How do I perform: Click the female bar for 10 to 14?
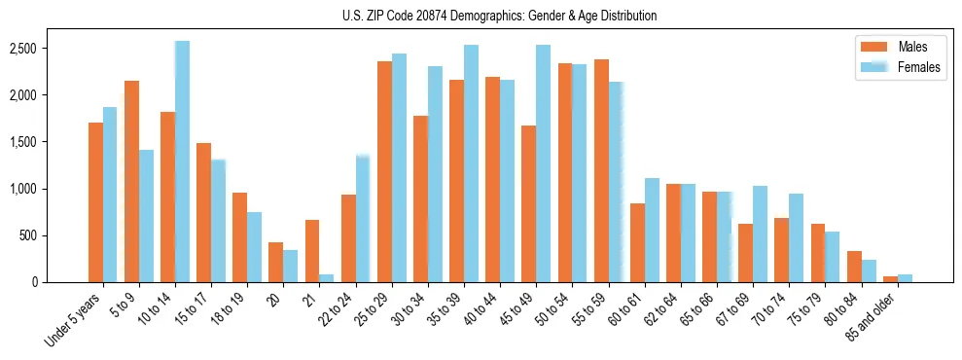(182, 162)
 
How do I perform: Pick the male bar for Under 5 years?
(95, 202)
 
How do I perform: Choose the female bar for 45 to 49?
(543, 163)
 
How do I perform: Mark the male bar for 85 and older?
(889, 279)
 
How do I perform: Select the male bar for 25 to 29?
(384, 171)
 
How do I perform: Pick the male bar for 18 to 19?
(239, 237)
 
